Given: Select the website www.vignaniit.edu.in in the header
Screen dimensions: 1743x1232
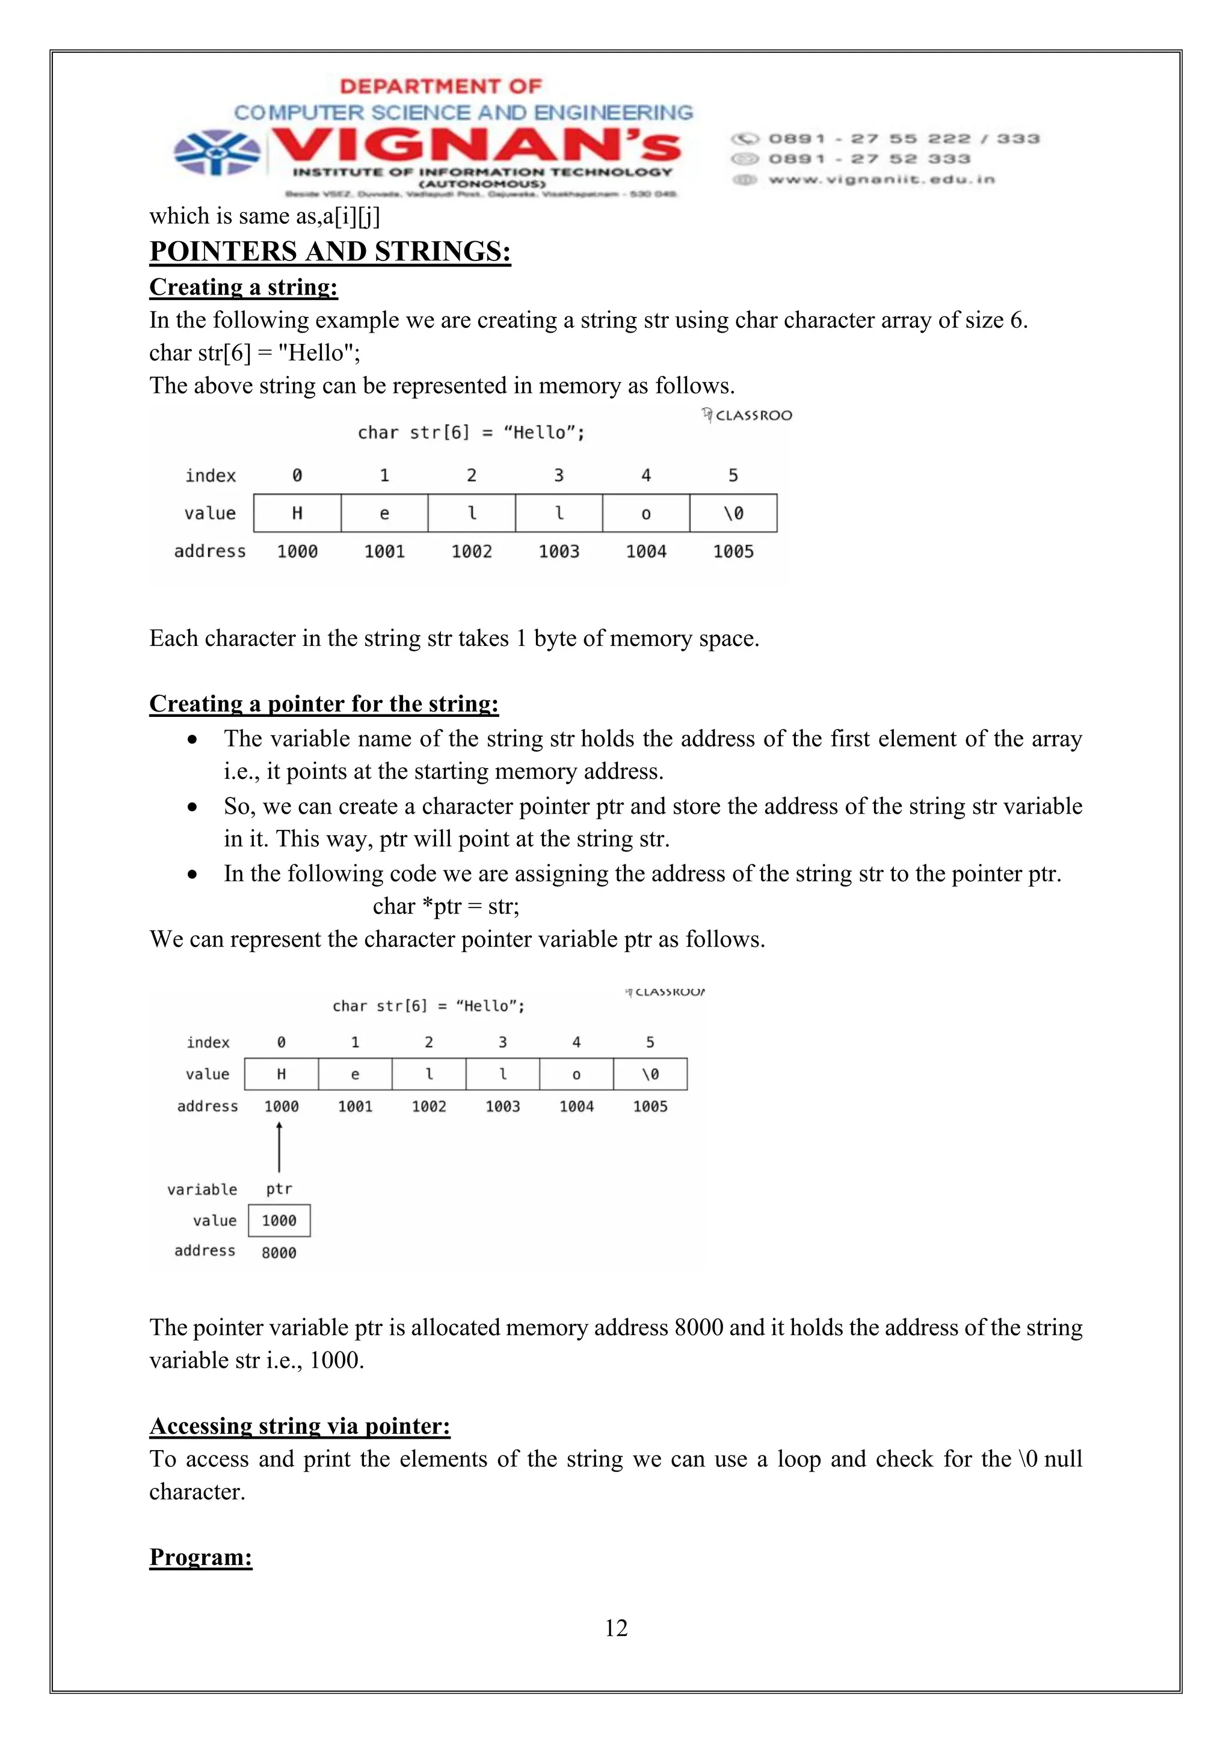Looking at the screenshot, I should click(x=881, y=180).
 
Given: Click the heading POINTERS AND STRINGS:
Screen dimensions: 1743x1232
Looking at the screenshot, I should click(x=330, y=251).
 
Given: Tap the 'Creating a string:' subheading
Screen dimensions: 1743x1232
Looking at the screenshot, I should click(x=244, y=287).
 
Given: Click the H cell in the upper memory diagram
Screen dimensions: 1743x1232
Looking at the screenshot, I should click(x=297, y=513).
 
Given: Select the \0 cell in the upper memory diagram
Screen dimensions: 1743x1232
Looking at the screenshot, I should click(x=733, y=513).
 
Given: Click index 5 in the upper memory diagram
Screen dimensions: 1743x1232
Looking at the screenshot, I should click(x=733, y=475).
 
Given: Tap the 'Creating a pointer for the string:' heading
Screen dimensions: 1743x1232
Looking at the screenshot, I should click(x=324, y=704).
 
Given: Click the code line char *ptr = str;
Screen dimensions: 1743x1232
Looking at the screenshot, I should click(x=446, y=906).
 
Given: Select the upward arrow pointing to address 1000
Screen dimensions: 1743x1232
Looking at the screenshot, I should click(x=279, y=1147).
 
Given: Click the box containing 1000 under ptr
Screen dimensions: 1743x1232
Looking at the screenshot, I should click(x=279, y=1221).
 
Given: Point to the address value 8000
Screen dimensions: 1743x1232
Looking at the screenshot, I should click(x=279, y=1253).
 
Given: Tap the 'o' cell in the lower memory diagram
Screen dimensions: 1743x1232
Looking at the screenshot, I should click(x=576, y=1074).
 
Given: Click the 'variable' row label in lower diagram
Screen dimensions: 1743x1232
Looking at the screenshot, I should click(x=202, y=1190).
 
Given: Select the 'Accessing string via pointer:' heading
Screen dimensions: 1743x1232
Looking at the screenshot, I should click(x=300, y=1427).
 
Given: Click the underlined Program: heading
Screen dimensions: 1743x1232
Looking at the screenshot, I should click(x=200, y=1557).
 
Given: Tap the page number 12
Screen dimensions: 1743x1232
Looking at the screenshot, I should click(x=615, y=1628).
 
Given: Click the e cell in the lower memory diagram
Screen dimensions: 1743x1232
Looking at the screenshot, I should click(x=356, y=1074).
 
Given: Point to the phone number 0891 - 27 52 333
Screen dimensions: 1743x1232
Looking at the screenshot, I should click(x=869, y=159).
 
